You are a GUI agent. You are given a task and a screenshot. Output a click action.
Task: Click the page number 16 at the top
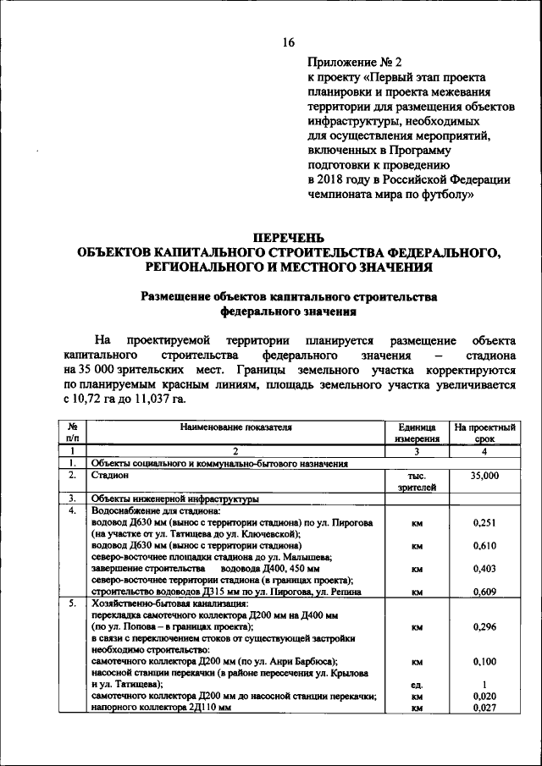(288, 43)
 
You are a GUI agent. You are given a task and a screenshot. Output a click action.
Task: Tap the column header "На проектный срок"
(484, 433)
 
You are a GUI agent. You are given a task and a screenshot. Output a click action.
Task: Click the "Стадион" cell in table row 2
(110, 476)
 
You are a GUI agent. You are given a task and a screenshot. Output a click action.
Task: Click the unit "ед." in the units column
(416, 684)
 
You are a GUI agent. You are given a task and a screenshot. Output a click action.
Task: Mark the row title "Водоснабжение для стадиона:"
(156, 511)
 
